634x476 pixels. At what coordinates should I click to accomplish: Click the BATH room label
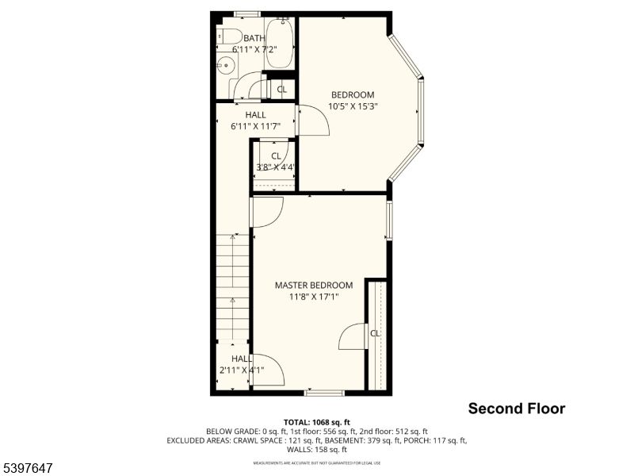click(254, 38)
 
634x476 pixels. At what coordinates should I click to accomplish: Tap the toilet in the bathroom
click(229, 36)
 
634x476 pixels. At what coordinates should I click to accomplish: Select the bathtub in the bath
click(279, 44)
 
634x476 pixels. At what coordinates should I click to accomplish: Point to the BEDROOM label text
click(352, 94)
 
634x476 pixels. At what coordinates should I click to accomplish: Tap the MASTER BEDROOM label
click(314, 285)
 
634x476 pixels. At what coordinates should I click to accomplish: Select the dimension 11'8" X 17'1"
click(314, 297)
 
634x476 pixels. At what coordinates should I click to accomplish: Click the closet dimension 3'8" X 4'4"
click(275, 167)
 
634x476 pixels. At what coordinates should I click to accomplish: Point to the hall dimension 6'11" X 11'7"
click(255, 125)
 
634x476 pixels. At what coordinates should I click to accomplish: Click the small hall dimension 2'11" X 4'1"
click(241, 370)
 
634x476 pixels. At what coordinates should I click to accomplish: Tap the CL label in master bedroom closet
click(375, 333)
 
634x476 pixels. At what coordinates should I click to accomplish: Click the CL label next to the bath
click(281, 89)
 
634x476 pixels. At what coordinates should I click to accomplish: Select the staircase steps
click(233, 286)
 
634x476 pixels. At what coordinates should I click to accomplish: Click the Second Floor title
click(516, 409)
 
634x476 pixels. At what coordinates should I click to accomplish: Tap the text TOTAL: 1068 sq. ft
click(317, 421)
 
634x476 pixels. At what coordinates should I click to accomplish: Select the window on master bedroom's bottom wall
click(324, 391)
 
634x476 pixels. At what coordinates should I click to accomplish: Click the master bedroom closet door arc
click(350, 337)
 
